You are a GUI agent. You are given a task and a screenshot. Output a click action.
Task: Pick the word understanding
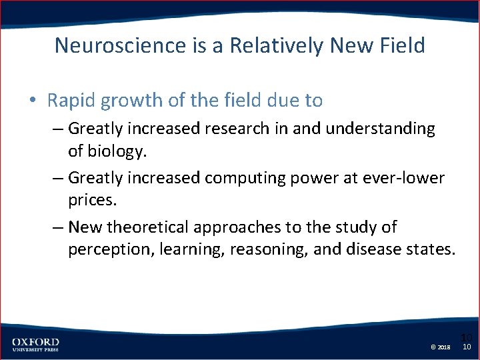click(x=374, y=128)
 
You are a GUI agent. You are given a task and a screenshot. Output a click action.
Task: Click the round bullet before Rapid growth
click(x=33, y=101)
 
